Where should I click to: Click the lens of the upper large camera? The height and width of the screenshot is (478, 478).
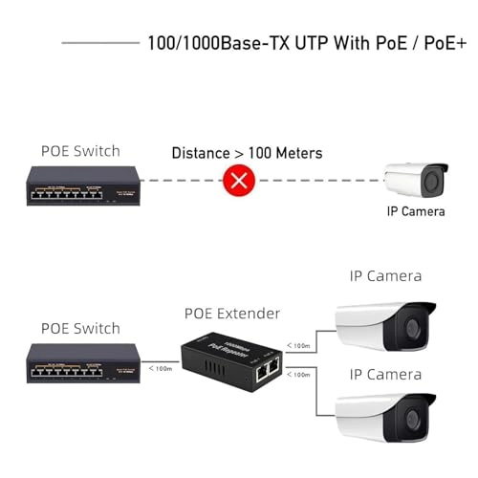[x=413, y=329]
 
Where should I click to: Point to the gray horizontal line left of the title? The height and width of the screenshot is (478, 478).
[x=99, y=43]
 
